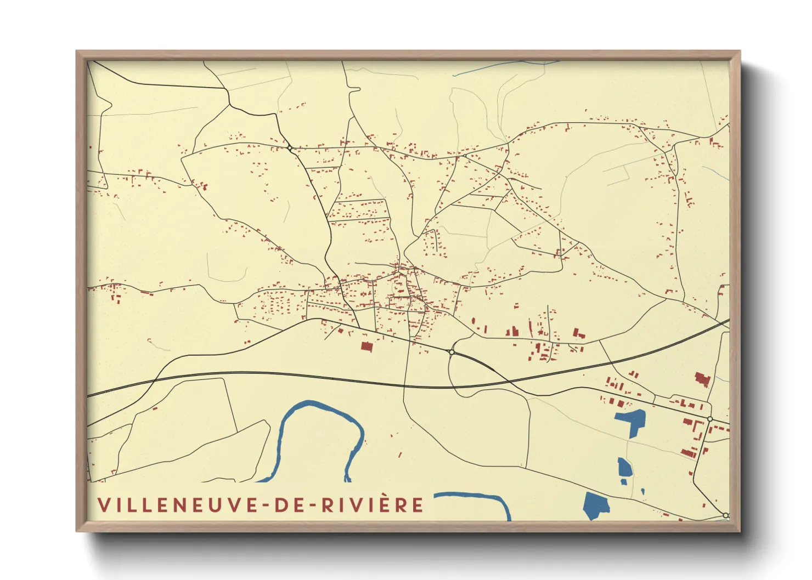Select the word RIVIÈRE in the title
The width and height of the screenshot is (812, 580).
[373, 505]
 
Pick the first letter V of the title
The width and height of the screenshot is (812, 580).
[104, 505]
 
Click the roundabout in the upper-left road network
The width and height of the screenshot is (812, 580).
[290, 147]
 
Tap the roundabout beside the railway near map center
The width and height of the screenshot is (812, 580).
[451, 351]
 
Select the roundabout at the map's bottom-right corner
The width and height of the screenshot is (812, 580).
[725, 515]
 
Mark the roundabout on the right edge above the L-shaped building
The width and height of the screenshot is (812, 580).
[710, 419]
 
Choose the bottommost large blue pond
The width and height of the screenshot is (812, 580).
[595, 505]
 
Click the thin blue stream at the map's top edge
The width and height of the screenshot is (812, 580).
[494, 66]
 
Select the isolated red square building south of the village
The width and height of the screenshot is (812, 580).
[366, 346]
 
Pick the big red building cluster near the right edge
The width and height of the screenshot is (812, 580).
[702, 379]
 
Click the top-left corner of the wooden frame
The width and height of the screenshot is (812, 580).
[78, 53]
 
